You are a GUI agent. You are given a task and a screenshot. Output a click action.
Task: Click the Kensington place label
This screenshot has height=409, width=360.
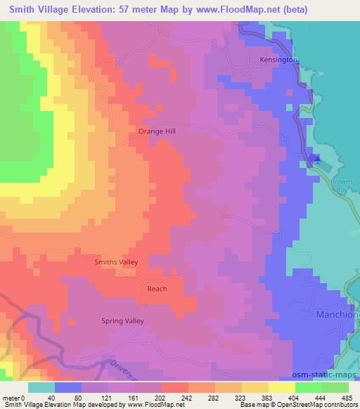click(x=279, y=60)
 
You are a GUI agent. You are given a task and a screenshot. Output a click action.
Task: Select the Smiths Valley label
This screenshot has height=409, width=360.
click(x=117, y=262)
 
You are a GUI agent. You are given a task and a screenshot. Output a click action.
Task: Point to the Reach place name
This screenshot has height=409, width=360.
click(x=157, y=289)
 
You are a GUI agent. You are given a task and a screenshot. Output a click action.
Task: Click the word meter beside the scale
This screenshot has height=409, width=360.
click(x=12, y=398)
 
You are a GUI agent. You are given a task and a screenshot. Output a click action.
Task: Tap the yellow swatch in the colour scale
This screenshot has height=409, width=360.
click(x=281, y=387)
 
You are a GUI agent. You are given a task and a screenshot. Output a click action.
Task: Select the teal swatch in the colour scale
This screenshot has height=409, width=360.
click(x=41, y=387)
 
